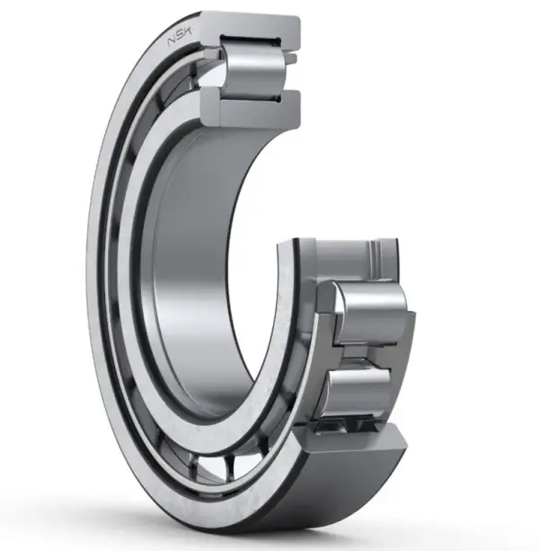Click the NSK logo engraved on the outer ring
pyautogui.click(x=180, y=37)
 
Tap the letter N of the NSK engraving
pyautogui.click(x=172, y=41)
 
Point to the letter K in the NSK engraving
pyautogui.click(x=188, y=32)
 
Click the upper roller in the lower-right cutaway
pyautogui.click(x=371, y=314)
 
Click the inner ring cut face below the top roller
pyautogui.click(x=252, y=108)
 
